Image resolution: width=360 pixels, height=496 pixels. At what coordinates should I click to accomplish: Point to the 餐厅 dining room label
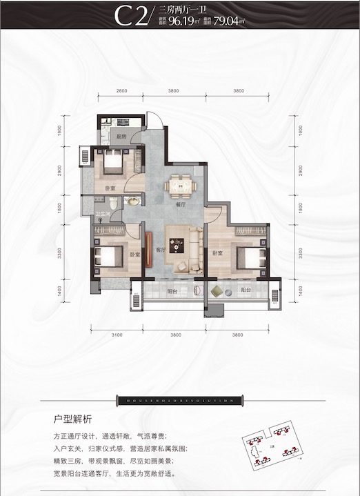[181, 204]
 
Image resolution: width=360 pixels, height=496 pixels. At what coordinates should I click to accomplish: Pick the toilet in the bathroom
[133, 201]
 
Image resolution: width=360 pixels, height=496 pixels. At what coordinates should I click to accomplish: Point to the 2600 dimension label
[122, 91]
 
